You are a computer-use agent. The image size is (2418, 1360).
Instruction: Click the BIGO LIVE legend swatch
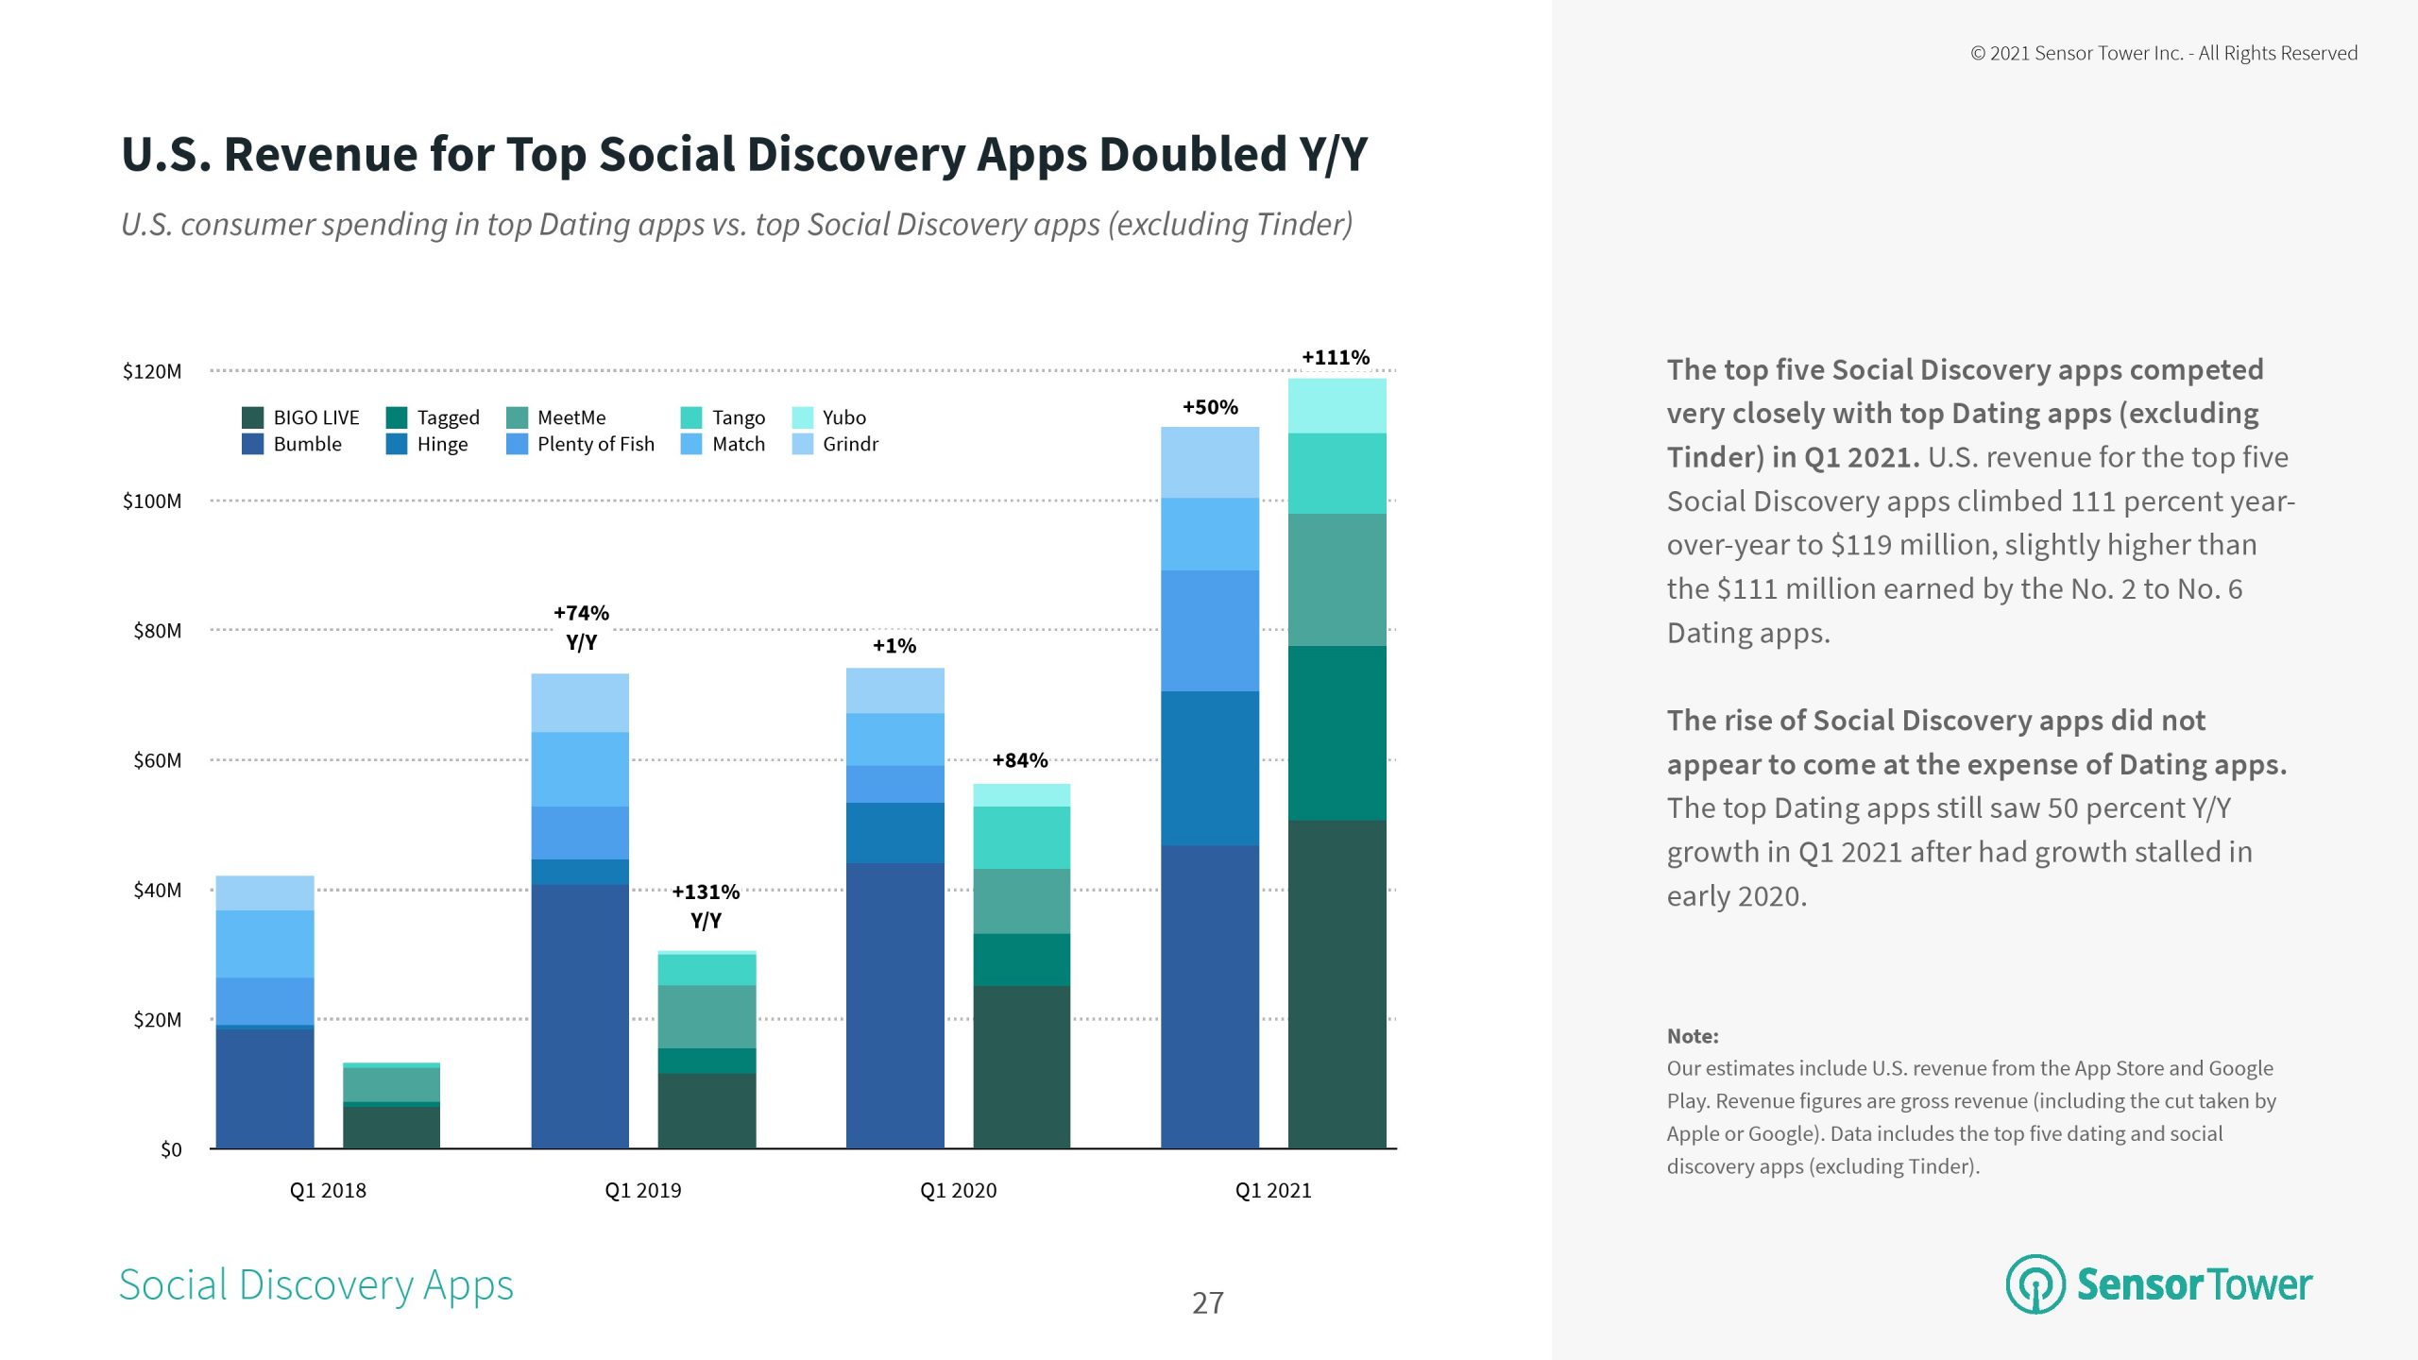click(x=252, y=417)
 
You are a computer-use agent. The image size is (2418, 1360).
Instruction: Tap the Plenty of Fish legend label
click(x=595, y=444)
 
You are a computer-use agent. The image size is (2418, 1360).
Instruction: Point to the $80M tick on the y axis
click(x=157, y=631)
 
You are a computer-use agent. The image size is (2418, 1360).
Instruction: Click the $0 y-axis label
click(x=170, y=1149)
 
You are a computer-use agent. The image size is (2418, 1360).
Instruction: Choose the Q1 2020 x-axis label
click(x=958, y=1190)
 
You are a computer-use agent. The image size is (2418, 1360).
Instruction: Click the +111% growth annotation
click(x=1335, y=357)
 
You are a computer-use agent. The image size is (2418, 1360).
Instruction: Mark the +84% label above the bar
click(x=1019, y=760)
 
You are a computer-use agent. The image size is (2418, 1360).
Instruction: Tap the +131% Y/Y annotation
click(x=706, y=906)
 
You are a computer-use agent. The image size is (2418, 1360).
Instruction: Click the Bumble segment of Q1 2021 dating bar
click(x=1209, y=996)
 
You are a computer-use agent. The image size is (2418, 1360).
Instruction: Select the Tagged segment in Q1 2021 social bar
click(x=1337, y=733)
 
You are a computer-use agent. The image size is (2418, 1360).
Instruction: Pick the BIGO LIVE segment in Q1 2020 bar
click(x=1021, y=1067)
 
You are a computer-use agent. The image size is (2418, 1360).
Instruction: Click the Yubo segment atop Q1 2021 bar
click(x=1337, y=406)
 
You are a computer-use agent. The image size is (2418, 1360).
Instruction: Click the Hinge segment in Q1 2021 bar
click(x=1209, y=768)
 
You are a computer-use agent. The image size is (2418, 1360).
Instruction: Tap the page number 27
click(x=1207, y=1303)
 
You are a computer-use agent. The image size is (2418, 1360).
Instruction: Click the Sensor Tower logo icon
click(x=2035, y=1284)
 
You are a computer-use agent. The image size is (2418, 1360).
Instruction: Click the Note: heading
click(x=1692, y=1036)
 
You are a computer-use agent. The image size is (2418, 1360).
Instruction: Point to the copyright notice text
click(x=2163, y=54)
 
